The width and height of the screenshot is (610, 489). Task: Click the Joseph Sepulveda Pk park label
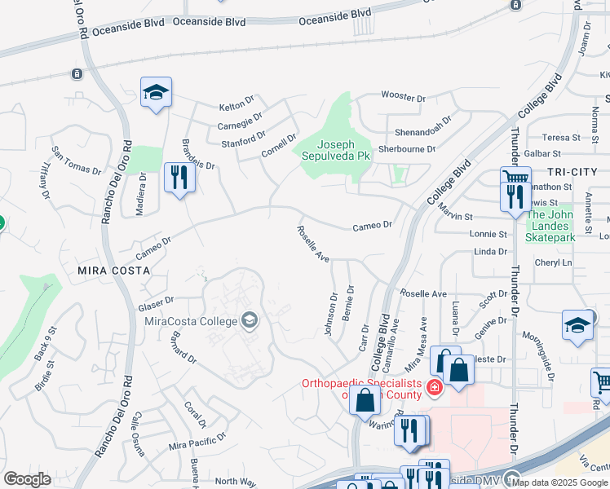[x=335, y=148]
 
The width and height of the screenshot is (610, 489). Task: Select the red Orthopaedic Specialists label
[x=361, y=389]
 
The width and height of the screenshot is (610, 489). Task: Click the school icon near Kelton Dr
[x=156, y=94]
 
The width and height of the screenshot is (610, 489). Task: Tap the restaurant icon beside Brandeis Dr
[x=179, y=178]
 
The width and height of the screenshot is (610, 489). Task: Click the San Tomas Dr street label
[x=77, y=161]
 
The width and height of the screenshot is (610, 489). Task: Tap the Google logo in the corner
[x=28, y=479]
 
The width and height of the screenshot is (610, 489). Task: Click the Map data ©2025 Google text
[x=559, y=482]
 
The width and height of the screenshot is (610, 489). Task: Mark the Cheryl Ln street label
[x=553, y=262]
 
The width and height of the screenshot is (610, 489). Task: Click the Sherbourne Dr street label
[x=407, y=149]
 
